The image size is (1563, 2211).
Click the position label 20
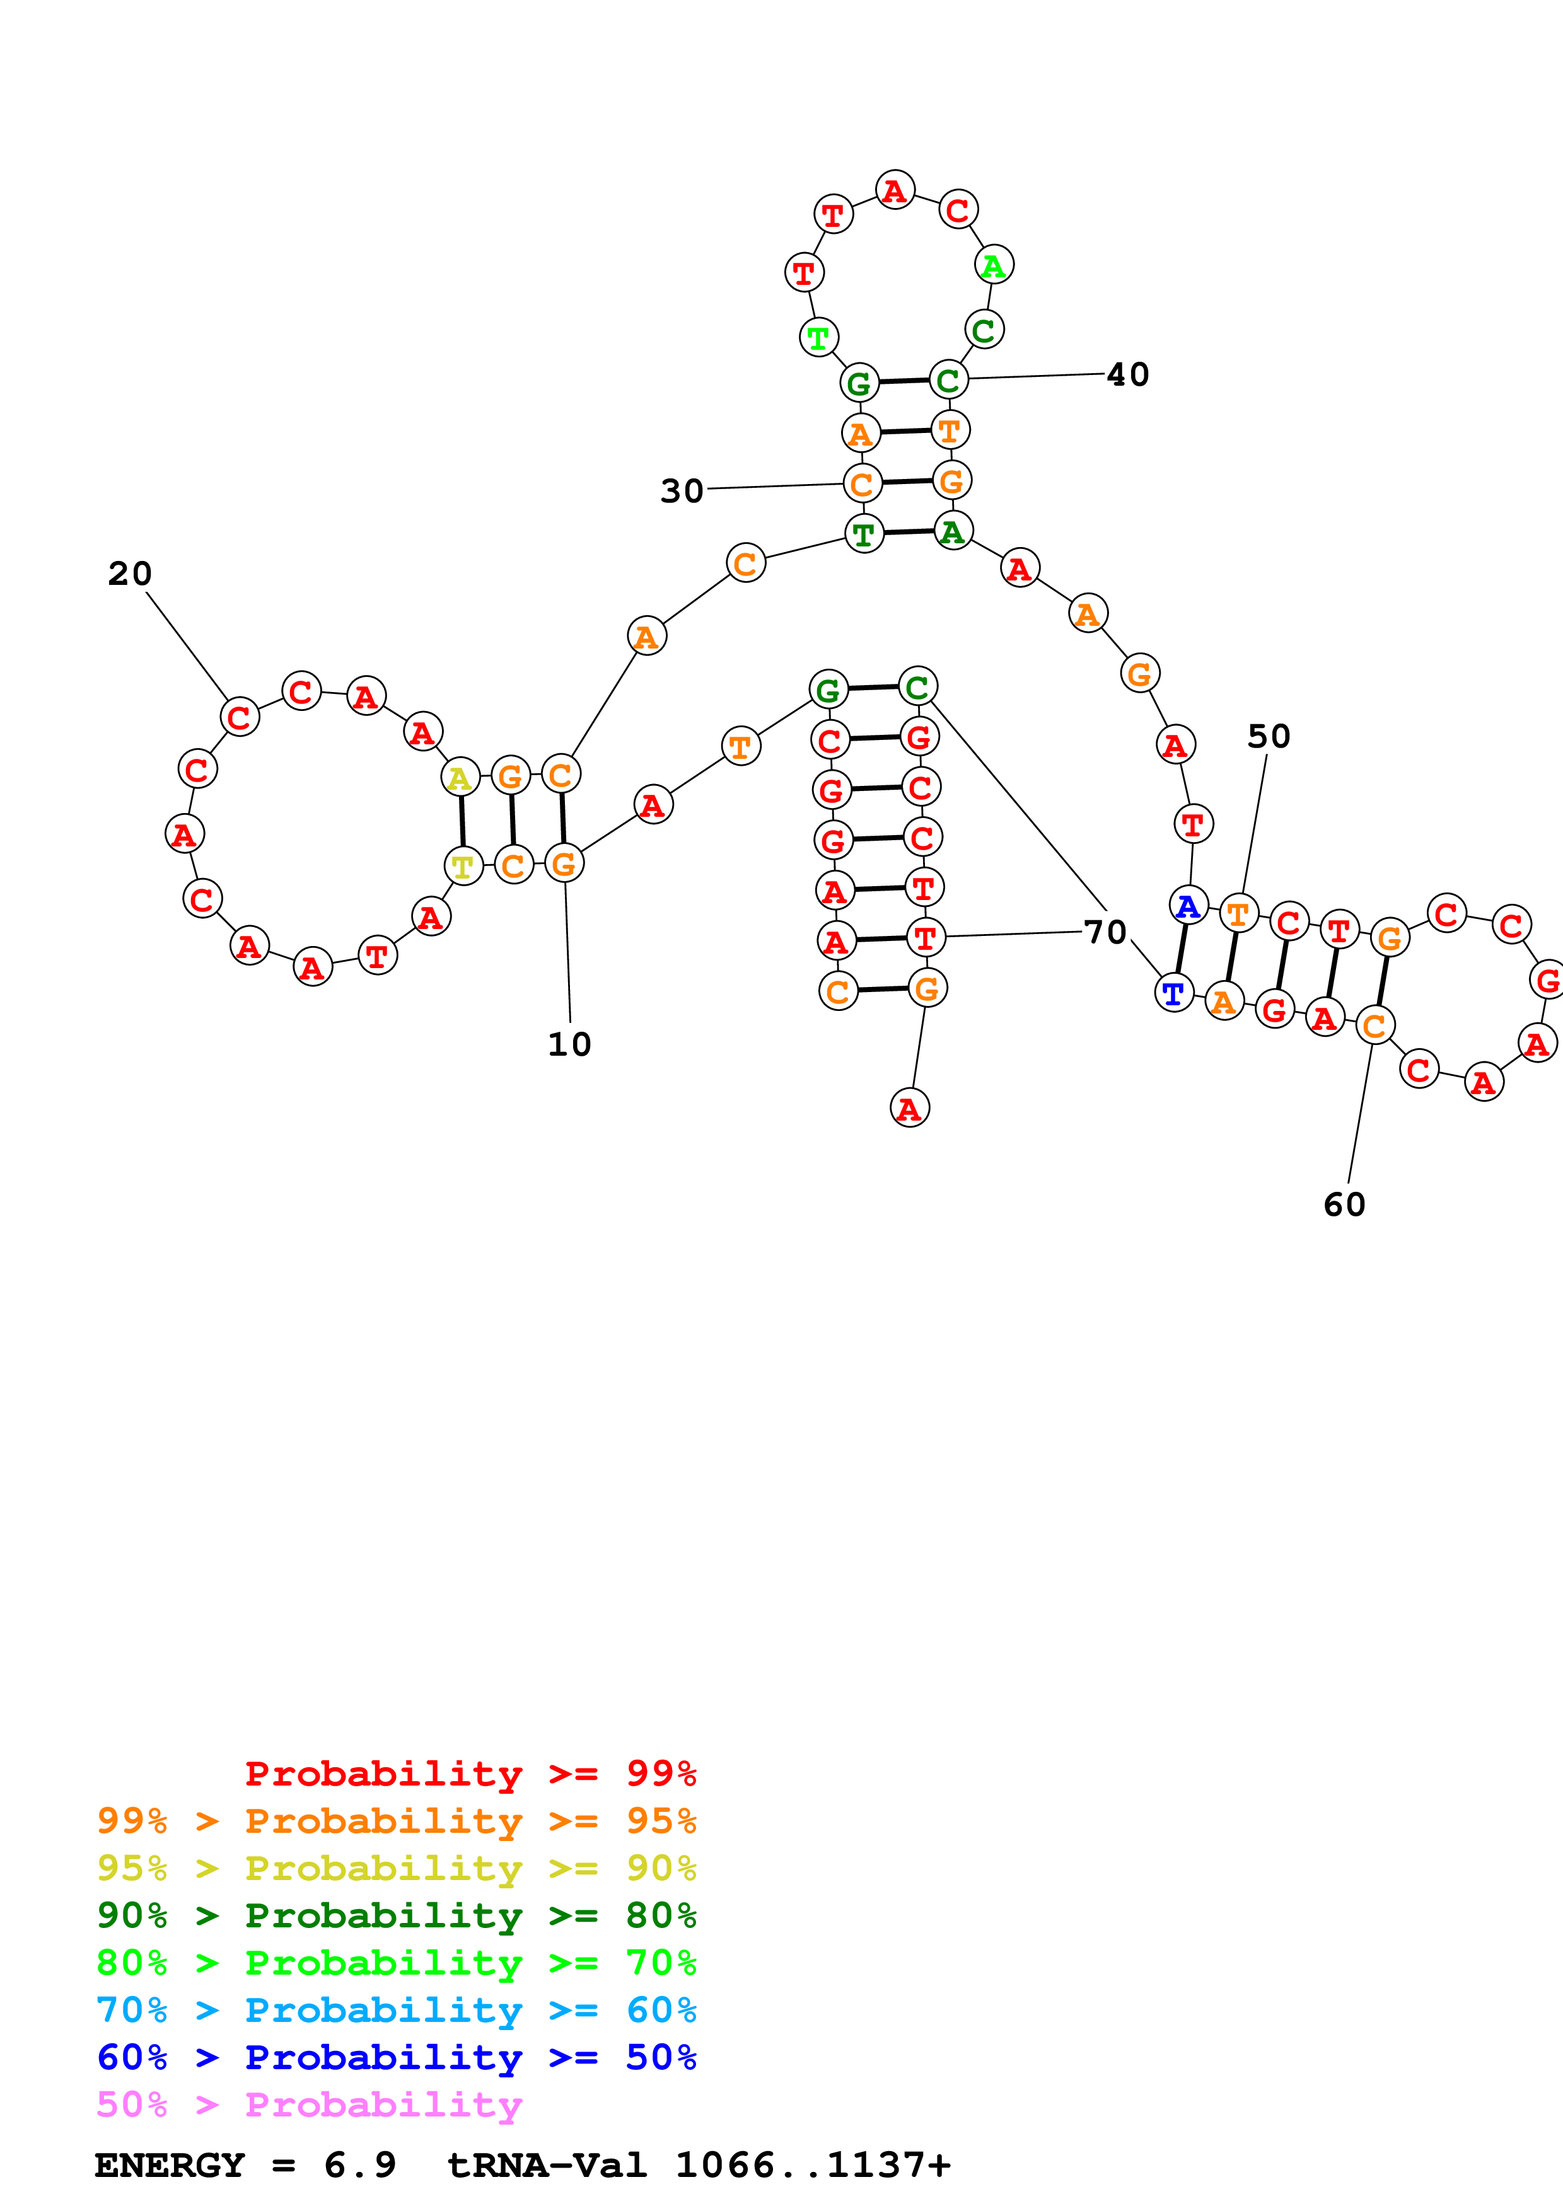(x=129, y=574)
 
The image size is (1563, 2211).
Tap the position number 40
(x=1128, y=374)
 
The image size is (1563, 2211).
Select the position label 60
(x=1344, y=1204)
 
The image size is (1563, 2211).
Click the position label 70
(x=1105, y=932)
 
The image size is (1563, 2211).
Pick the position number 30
(x=682, y=491)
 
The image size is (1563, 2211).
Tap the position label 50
(x=1269, y=737)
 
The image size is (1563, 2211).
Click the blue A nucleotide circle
(x=1188, y=905)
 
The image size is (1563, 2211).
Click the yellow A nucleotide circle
(x=460, y=777)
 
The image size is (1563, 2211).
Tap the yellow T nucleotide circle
(x=463, y=867)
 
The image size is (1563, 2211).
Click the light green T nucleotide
(x=818, y=337)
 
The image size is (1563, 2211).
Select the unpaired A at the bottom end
(x=909, y=1109)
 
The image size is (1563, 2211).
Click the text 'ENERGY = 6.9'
(x=245, y=2165)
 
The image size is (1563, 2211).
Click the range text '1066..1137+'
(x=813, y=2165)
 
